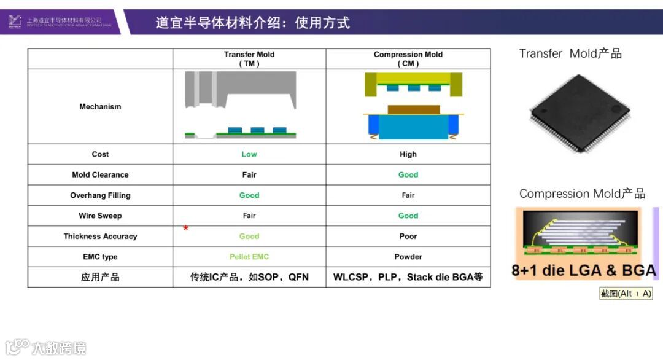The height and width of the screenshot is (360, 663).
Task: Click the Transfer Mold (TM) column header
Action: pos(249,59)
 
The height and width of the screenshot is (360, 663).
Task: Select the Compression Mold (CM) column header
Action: pos(408,59)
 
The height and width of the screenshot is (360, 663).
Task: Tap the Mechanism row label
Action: pos(100,107)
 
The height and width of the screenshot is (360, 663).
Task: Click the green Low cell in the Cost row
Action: pos(249,154)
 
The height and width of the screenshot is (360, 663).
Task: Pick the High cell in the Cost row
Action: pos(408,154)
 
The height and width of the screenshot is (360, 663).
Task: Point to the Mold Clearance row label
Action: pos(100,174)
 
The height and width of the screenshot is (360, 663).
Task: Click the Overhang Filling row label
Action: pos(100,195)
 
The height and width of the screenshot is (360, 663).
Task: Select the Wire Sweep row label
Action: pos(100,216)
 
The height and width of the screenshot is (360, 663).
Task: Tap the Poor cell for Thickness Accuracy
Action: pos(408,236)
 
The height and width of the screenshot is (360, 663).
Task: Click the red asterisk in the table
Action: pos(185,229)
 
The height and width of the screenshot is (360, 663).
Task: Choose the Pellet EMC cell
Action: pos(249,257)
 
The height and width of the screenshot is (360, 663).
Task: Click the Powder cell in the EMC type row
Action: pos(408,257)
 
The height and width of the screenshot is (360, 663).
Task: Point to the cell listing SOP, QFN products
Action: pos(249,277)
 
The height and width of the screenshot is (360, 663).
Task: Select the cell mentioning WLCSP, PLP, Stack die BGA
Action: pos(408,277)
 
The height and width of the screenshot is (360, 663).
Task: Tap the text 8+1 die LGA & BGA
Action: pos(583,270)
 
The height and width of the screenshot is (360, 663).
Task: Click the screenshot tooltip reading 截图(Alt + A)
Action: pos(626,294)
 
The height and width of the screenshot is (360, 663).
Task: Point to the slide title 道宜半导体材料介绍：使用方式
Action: pos(252,23)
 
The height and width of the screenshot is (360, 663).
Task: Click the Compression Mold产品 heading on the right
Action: pos(582,194)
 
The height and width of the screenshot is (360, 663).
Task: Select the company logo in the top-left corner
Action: pos(15,22)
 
